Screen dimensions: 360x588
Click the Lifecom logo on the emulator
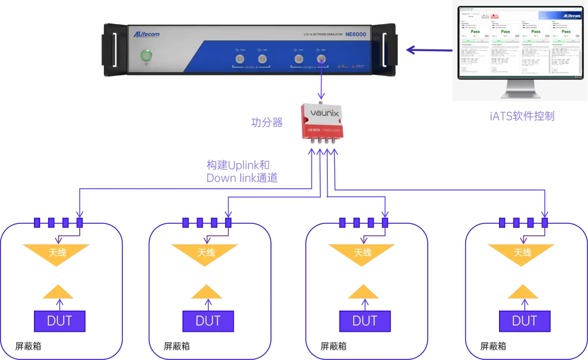click(147, 34)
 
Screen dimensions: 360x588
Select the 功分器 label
click(267, 122)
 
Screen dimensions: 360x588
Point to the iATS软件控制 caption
click(522, 116)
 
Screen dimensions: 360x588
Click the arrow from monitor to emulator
click(428, 50)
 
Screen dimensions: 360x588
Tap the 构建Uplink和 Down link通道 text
click(242, 172)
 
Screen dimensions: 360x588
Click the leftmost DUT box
click(60, 321)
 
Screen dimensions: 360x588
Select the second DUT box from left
click(208, 321)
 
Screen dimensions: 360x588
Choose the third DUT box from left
click(365, 321)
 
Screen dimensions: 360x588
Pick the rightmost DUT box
click(524, 321)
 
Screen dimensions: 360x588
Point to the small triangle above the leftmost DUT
click(58, 292)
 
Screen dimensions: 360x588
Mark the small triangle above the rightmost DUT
click(524, 292)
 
